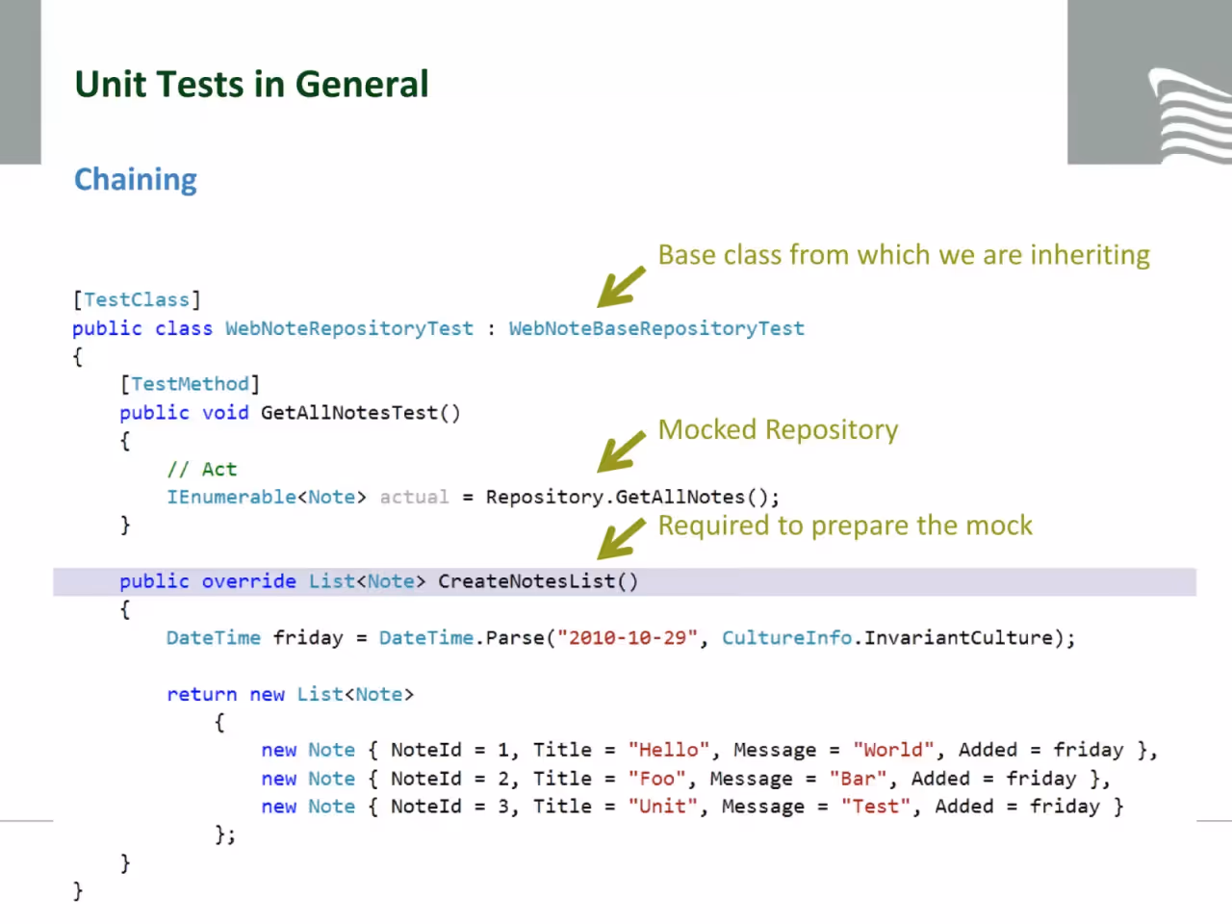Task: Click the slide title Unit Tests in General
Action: click(x=251, y=84)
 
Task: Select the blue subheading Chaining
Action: click(x=136, y=180)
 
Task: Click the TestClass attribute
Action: click(x=137, y=299)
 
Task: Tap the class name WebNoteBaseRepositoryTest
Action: click(x=656, y=328)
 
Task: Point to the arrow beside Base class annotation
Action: click(x=621, y=287)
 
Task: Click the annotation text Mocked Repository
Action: click(x=778, y=429)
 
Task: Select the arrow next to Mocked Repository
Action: click(x=621, y=451)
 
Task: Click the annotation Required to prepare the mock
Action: click(x=845, y=526)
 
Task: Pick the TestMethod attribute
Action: click(x=190, y=384)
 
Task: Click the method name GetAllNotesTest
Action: click(x=348, y=413)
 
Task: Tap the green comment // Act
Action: click(x=202, y=469)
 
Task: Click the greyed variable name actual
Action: click(x=414, y=497)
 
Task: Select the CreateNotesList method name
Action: click(x=527, y=581)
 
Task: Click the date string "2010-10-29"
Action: click(x=627, y=638)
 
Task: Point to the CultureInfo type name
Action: click(x=786, y=638)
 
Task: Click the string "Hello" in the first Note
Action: click(x=669, y=750)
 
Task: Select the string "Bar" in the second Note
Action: click(x=858, y=779)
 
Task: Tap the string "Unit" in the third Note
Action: click(x=662, y=807)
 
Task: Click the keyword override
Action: click(x=248, y=581)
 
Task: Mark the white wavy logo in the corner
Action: click(x=1191, y=115)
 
